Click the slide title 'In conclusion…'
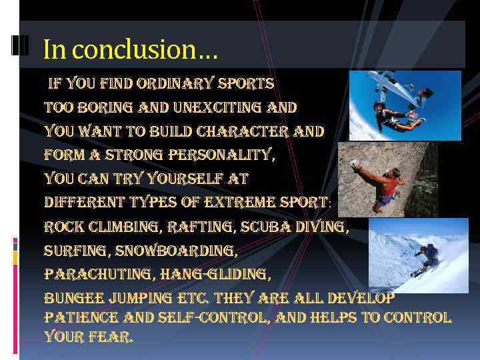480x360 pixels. (x=130, y=49)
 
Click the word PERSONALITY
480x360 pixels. (x=222, y=155)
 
